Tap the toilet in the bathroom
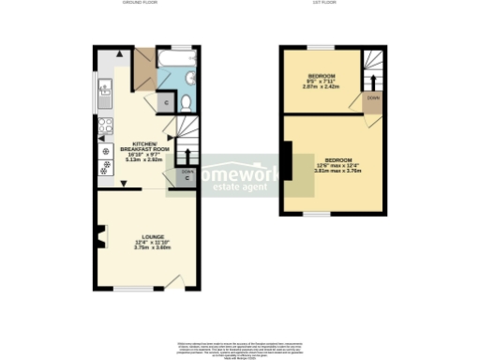pyautogui.click(x=186, y=101)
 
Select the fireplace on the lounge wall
pyautogui.click(x=97, y=237)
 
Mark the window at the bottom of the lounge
pyautogui.click(x=127, y=289)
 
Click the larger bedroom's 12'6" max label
pyautogui.click(x=333, y=165)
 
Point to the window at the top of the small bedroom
pyautogui.click(x=322, y=47)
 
